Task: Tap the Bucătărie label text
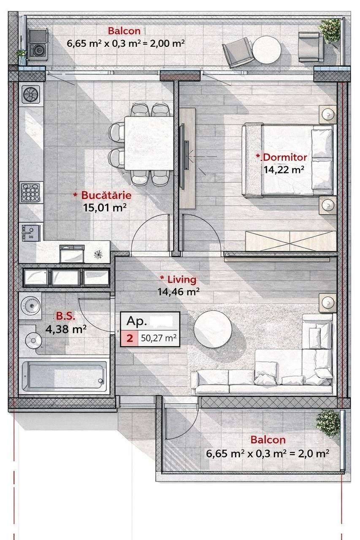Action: tap(103, 195)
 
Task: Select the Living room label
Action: tap(179, 280)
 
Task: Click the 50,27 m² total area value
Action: tap(158, 338)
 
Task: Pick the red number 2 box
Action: tap(130, 338)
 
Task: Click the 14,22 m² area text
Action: tap(284, 170)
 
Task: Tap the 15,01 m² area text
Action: tap(105, 207)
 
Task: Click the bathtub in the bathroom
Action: tap(65, 375)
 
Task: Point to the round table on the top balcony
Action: tap(267, 50)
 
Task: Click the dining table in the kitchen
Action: tap(149, 143)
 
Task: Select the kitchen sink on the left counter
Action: tap(30, 233)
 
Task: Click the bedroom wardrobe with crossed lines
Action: tap(291, 241)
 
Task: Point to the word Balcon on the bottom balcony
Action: tap(268, 440)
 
